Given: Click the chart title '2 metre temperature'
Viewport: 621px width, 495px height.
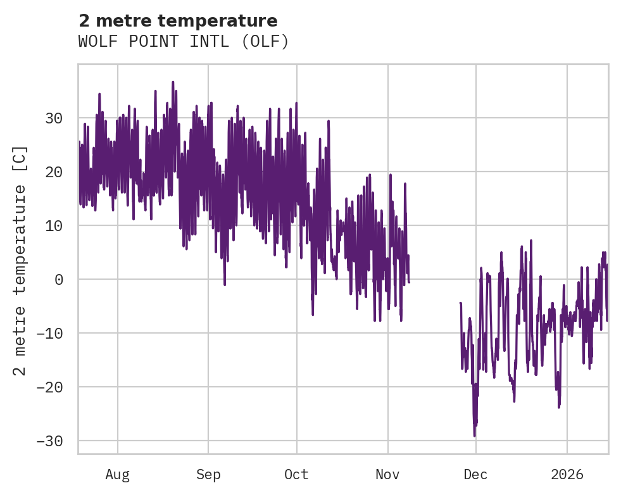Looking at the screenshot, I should click(x=178, y=21).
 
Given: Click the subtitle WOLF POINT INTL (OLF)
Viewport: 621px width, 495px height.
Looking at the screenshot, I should click(x=184, y=42).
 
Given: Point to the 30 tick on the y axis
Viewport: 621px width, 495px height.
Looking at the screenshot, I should click(x=54, y=118).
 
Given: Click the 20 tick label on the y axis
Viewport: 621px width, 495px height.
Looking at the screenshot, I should click(x=54, y=172).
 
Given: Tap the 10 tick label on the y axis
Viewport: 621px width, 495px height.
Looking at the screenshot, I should click(x=54, y=226).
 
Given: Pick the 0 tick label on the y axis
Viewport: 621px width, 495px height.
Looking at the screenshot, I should click(x=59, y=279).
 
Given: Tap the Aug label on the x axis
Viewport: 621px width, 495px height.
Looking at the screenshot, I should click(x=117, y=474).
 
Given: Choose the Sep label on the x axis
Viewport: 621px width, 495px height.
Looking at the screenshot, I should click(x=208, y=474).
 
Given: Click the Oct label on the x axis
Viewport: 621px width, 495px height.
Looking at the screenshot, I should click(x=296, y=474).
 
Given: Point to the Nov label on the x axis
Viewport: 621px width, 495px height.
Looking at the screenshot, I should click(x=387, y=474).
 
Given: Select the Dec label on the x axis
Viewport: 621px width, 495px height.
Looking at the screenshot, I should click(x=475, y=474).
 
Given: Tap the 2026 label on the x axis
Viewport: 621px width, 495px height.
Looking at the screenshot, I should click(x=567, y=474).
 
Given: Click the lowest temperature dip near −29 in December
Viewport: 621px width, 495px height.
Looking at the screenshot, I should click(x=474, y=435).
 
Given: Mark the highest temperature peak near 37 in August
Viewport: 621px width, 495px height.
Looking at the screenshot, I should click(x=173, y=82).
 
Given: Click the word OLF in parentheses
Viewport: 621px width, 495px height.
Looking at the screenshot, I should click(x=268, y=42).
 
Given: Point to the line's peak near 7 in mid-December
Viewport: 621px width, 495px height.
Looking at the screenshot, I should click(x=531, y=241).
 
